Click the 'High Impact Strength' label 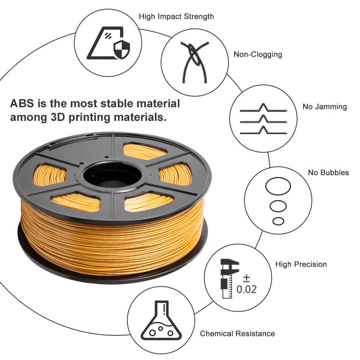click(176, 17)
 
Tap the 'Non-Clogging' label click(258, 54)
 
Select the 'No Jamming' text click(324, 106)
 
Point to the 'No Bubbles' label click(328, 172)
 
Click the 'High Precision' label click(301, 264)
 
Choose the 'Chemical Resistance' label click(237, 333)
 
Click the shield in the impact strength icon click(121, 50)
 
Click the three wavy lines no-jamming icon click(263, 120)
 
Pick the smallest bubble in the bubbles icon click(278, 221)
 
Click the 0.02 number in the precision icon click(246, 290)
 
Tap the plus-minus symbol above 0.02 click(246, 278)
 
